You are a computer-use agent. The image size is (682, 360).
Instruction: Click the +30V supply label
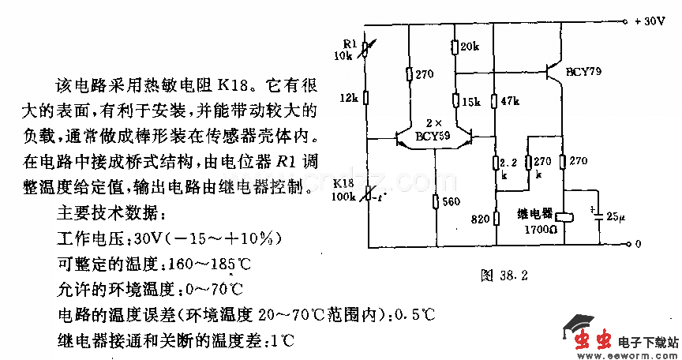[650, 22]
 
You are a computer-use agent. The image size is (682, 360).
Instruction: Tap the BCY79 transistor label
[583, 72]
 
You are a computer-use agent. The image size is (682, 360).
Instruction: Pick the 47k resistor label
[509, 102]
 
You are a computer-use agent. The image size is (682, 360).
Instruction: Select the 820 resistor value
[481, 219]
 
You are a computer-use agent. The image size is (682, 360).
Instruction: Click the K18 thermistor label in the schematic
[343, 183]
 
